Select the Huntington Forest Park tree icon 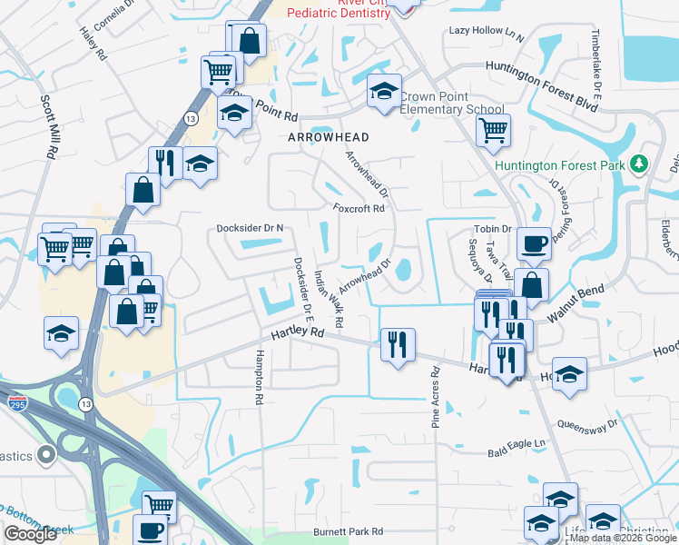[x=642, y=163]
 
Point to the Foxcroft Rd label [x=359, y=208]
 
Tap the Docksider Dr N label [x=250, y=228]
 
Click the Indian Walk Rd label [x=328, y=298]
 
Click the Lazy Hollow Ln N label [x=487, y=33]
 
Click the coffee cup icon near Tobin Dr [x=534, y=243]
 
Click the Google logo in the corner [x=31, y=534]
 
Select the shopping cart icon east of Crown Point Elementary [x=493, y=130]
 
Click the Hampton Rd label [x=260, y=377]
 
